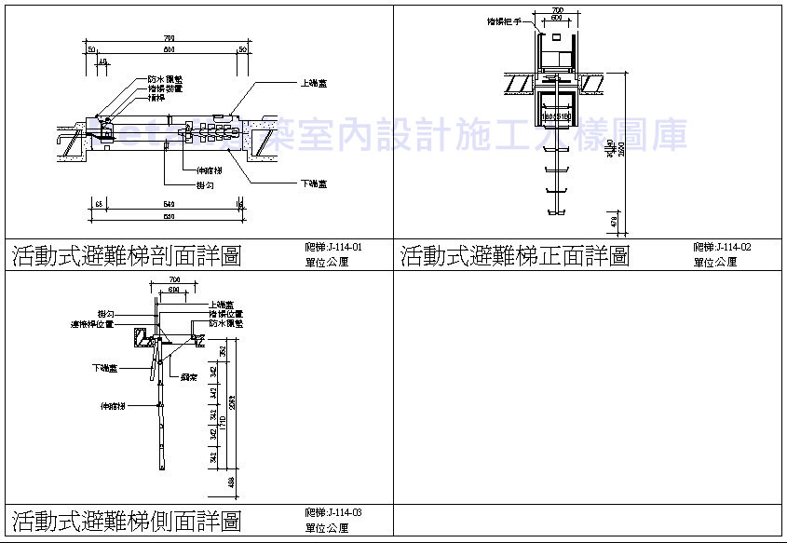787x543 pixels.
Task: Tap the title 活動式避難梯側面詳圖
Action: click(126, 520)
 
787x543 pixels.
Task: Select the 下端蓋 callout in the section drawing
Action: click(314, 183)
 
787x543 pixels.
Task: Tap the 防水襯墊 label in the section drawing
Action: click(164, 79)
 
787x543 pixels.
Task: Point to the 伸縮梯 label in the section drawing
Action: click(209, 170)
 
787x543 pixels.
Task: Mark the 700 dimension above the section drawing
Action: click(169, 38)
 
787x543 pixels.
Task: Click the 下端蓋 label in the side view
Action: click(104, 369)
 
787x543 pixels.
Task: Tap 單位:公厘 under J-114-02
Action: click(715, 263)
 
